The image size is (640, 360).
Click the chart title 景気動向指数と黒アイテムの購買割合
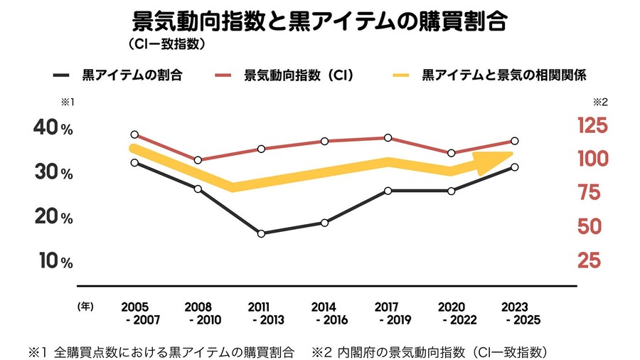point(319,21)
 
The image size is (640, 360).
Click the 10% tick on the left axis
point(53,261)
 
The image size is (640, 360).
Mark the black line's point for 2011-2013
point(261,233)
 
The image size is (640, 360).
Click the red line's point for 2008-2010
point(198,160)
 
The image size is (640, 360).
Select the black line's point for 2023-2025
point(514,167)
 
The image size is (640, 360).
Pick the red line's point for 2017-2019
point(388,137)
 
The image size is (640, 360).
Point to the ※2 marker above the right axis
point(599,102)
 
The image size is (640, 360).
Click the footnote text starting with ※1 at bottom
point(161,352)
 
